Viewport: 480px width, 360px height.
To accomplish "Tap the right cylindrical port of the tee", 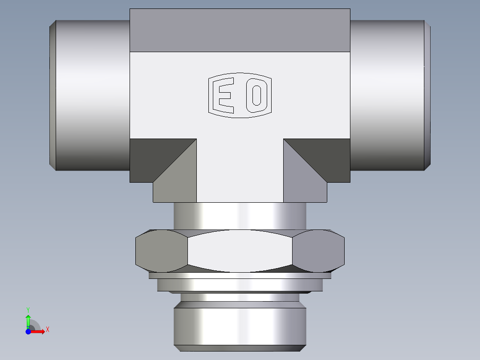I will tap(386, 94).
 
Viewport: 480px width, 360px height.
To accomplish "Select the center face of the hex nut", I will tap(240, 250).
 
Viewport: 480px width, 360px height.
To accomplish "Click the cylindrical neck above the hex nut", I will tap(240, 216).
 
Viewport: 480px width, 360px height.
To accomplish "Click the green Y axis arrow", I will tap(28, 320).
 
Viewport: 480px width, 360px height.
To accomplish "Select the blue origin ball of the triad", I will tap(28, 331).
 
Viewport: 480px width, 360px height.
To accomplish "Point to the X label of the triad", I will tap(48, 330).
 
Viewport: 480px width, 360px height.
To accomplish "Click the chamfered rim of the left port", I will tap(52, 94).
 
